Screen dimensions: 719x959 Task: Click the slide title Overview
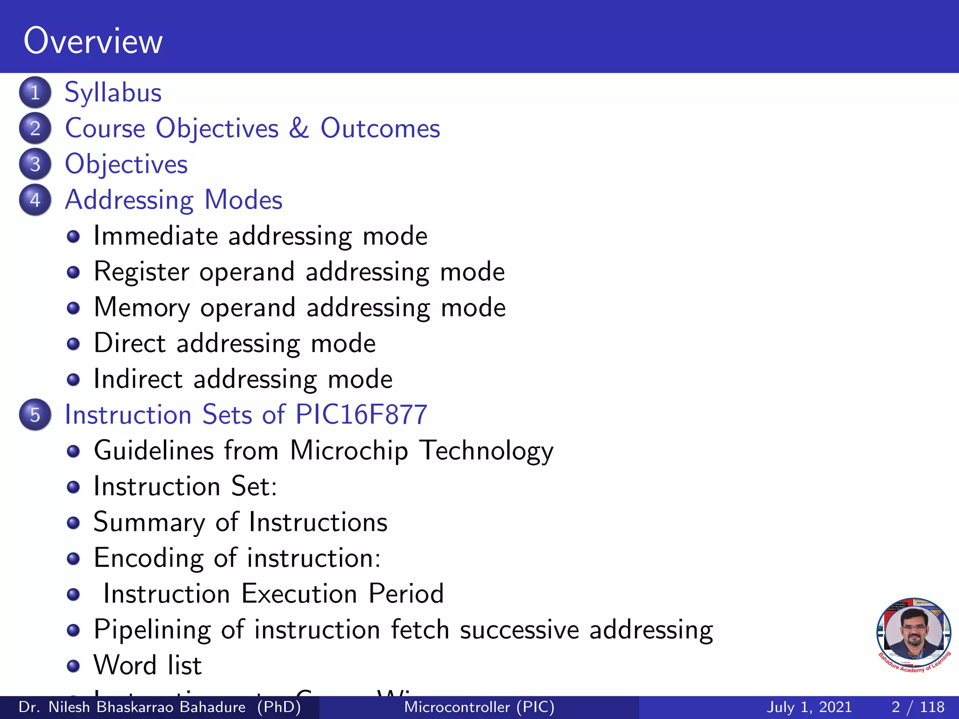93,41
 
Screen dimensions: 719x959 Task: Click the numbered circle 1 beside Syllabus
35,92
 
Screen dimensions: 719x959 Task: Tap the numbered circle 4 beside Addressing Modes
35,200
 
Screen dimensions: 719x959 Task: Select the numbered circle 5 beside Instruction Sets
35,415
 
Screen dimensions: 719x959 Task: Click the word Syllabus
113,93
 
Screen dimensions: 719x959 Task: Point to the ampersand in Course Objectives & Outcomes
299,128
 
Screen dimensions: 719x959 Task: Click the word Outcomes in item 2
380,128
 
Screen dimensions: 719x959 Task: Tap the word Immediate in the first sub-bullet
155,235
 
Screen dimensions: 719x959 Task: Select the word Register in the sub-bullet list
141,272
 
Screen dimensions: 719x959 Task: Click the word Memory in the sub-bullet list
142,308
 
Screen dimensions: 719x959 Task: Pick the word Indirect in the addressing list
138,379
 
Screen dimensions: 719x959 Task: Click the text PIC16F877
361,415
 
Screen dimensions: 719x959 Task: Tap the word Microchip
349,451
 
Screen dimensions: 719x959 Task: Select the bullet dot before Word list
73,666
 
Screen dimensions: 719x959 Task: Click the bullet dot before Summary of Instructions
73,522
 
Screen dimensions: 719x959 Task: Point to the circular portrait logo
913,634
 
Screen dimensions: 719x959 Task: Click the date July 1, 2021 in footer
809,707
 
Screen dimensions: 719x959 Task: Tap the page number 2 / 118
918,707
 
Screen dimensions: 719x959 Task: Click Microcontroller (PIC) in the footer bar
479,707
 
